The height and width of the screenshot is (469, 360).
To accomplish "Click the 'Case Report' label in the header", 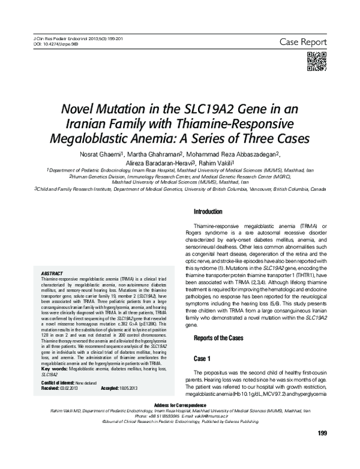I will [302, 42].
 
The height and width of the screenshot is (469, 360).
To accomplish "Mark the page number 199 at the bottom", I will [321, 450].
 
